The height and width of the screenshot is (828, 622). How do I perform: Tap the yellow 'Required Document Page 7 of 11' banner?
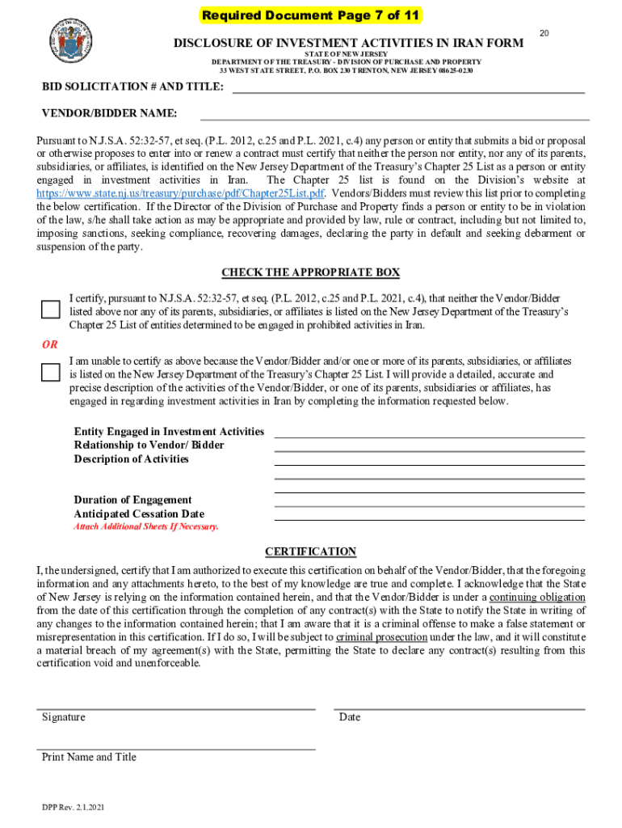coord(311,15)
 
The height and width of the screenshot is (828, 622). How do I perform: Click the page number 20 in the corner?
coord(544,32)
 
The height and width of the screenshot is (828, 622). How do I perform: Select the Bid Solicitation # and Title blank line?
coord(408,91)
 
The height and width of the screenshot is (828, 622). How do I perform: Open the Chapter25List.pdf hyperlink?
coord(181,194)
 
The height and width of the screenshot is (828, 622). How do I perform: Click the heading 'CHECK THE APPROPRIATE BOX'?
coord(311,272)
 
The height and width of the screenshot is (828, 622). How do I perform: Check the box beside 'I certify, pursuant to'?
coord(51,310)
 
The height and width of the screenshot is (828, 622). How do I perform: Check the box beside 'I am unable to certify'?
coord(51,372)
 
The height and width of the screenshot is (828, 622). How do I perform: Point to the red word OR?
coord(50,345)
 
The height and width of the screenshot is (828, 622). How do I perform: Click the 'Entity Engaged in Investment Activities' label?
coord(169,432)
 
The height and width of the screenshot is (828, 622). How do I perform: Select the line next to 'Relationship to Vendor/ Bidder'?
coord(429,451)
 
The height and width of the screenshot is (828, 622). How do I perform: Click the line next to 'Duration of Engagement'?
coord(429,506)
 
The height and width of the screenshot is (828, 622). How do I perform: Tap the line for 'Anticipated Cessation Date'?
coord(429,520)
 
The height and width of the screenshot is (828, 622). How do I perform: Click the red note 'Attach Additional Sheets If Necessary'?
coord(146,526)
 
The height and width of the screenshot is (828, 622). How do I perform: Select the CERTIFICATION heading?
coord(311,551)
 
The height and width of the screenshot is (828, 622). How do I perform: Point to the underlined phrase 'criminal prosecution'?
coord(381,637)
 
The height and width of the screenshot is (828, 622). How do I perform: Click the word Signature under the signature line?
coord(64,717)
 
